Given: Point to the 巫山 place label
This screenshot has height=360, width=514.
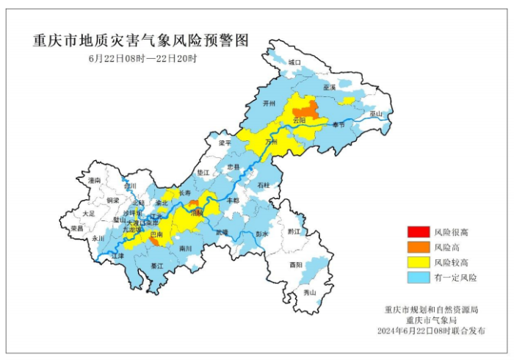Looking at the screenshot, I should pos(375,115).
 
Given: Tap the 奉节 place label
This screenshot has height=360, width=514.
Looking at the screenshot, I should pos(337,125).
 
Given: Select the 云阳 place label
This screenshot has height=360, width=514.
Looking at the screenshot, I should pos(299,120).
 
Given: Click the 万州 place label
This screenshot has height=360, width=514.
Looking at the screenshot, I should pos(272,141).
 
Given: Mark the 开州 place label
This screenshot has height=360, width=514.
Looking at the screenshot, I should pos(269,105).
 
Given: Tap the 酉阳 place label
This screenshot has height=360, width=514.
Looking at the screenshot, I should pos(295,264).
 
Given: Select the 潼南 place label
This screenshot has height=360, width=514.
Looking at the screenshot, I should pos(93,180).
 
